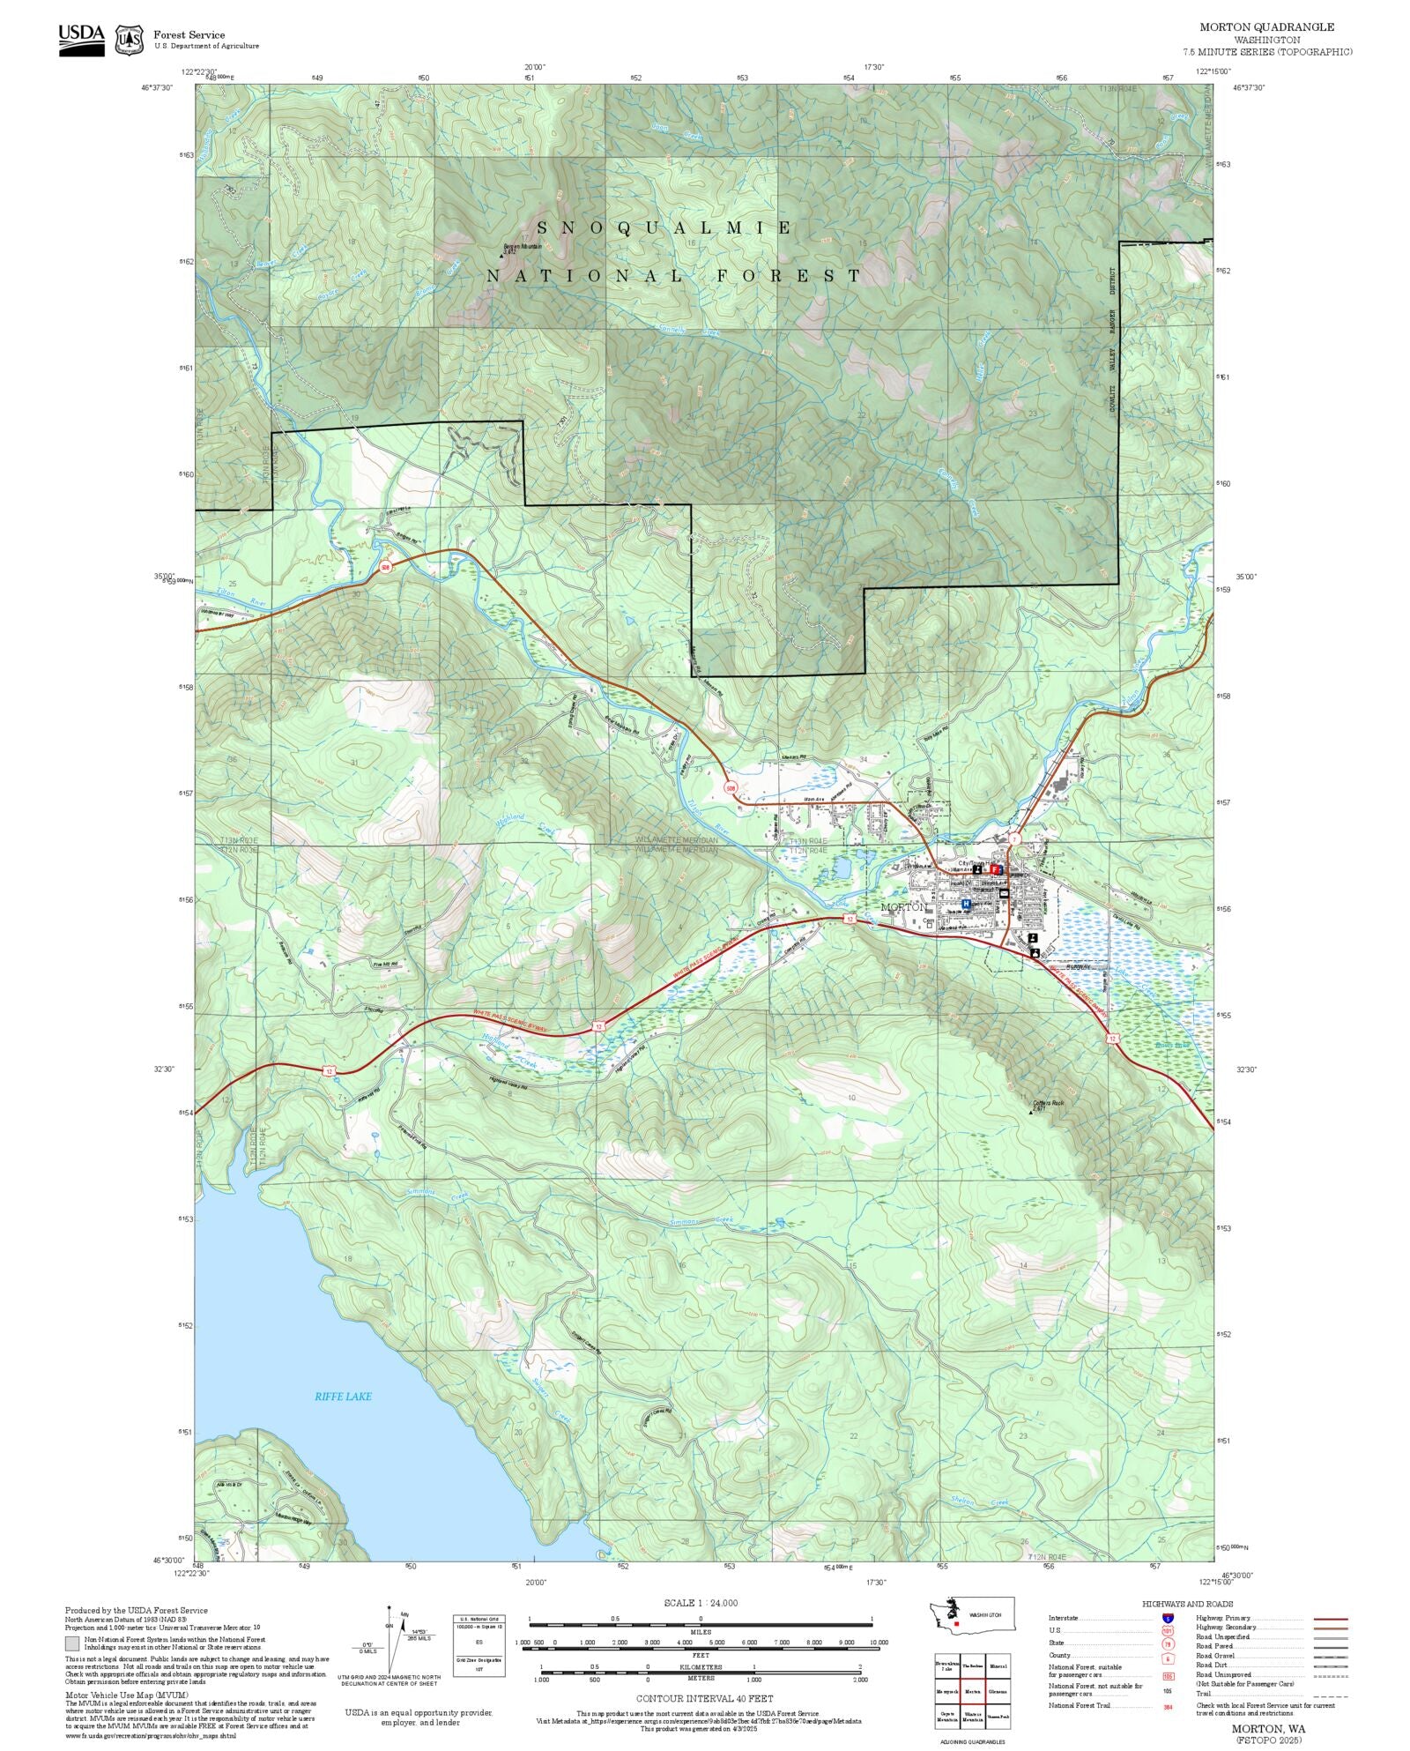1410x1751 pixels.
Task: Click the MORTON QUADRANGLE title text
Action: pos(1266,27)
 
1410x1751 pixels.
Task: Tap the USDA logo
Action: pos(81,39)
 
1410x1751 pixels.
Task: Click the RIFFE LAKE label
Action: pos(343,1396)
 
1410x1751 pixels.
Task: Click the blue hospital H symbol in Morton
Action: pos(966,904)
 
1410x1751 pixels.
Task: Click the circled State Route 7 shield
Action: pos(1015,838)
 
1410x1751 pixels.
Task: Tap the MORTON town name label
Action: pos(903,906)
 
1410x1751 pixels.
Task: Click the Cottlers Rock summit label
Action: pos(1048,1103)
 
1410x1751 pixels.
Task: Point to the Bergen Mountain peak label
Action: pos(521,247)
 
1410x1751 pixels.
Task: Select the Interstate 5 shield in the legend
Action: pos(1168,1618)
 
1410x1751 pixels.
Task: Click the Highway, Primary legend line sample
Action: pos(1330,1619)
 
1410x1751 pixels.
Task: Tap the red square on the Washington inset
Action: pos(956,1623)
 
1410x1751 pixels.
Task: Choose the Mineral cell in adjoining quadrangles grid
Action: pos(998,1666)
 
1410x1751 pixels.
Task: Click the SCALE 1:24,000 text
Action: pos(701,1603)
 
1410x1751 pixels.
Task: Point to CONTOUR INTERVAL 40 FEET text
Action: pos(704,1697)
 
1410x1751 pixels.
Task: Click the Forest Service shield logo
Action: pos(130,40)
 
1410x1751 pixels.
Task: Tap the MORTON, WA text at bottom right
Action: pos(1268,1729)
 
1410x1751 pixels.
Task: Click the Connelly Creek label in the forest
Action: pos(688,331)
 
